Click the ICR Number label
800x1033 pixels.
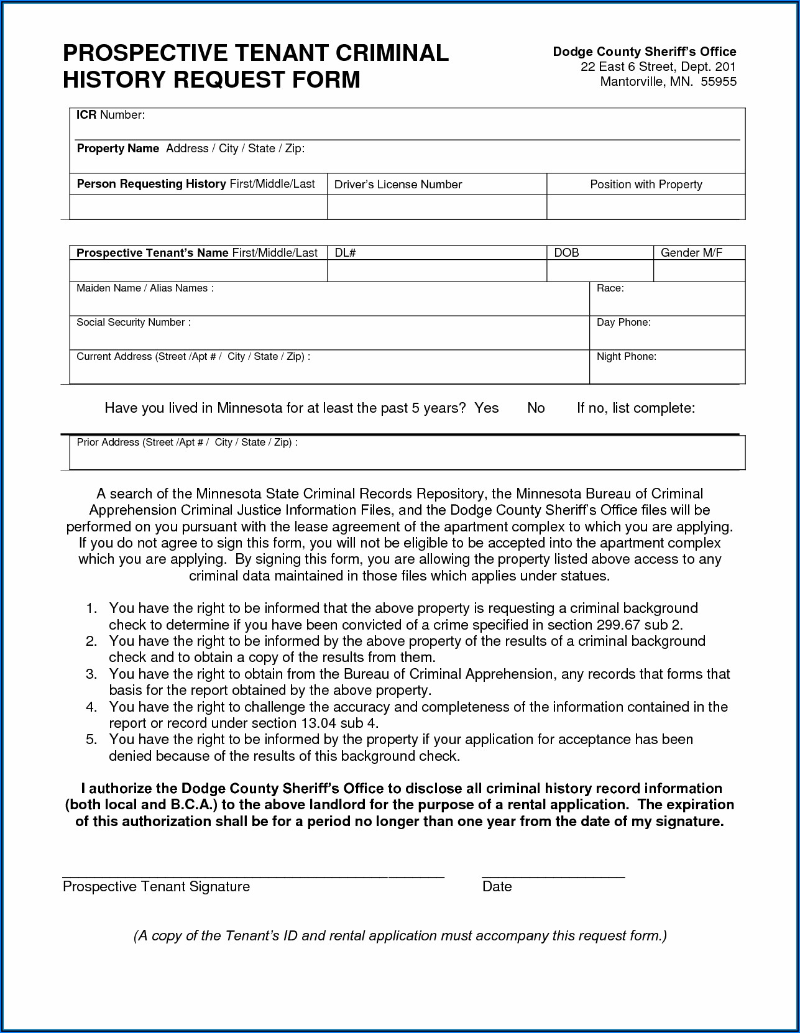click(111, 115)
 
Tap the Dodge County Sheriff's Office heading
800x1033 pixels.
click(645, 52)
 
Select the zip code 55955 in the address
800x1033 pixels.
click(719, 81)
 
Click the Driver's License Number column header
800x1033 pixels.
click(398, 185)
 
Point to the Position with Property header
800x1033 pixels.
click(646, 185)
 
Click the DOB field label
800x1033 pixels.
click(566, 253)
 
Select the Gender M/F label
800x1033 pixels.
click(691, 253)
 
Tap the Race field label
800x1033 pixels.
click(610, 288)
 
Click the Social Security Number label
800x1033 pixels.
click(133, 323)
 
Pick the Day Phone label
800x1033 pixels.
click(623, 323)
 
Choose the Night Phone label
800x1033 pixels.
click(626, 357)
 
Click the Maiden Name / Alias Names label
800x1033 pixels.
click(145, 288)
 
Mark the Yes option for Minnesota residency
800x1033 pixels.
click(487, 408)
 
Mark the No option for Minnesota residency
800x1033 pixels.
click(536, 408)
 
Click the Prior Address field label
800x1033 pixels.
click(186, 443)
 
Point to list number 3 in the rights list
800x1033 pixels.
click(91, 674)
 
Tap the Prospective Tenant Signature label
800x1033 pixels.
click(156, 887)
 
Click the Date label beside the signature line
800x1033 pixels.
click(497, 887)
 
